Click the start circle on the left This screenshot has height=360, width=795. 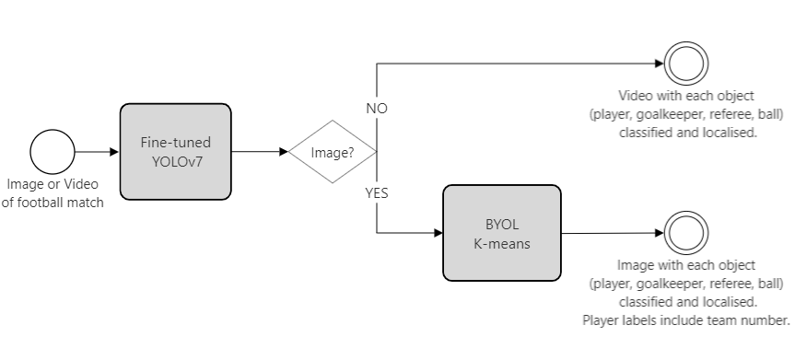point(52,151)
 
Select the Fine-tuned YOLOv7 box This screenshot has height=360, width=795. point(175,152)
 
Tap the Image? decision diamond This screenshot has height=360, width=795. point(333,152)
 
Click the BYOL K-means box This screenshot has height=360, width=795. point(502,233)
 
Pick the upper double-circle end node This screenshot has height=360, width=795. point(687,64)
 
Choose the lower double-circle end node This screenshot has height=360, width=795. point(687,234)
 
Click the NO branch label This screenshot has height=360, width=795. point(376,109)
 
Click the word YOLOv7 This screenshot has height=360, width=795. point(175,160)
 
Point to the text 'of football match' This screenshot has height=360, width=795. point(52,203)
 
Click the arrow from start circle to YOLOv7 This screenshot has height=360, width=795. point(97,152)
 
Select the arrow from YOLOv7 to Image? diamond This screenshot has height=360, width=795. point(259,152)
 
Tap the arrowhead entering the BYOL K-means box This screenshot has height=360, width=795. point(437,233)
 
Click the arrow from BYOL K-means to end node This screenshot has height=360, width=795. point(613,233)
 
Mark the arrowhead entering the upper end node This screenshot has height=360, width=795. point(658,64)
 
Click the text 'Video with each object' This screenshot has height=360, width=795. point(686,96)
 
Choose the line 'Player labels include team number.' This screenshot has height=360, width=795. point(686,319)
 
